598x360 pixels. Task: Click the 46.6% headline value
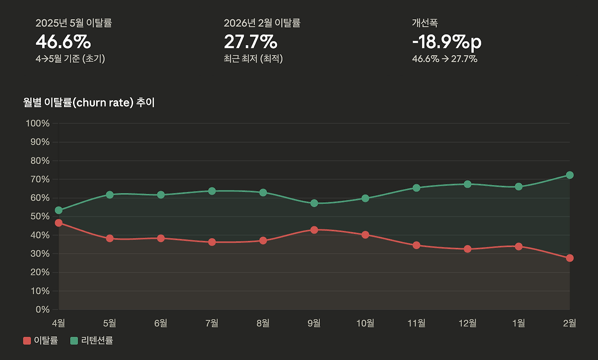63,42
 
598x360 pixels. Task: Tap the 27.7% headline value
250,42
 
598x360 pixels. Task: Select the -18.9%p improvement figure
446,42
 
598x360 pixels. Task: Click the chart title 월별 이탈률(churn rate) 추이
89,103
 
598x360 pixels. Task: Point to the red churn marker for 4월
58,223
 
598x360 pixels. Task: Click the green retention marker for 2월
570,175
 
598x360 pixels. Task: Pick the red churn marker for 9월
314,230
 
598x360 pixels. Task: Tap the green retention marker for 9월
314,203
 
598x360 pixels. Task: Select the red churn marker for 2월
570,258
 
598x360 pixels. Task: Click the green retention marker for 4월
58,210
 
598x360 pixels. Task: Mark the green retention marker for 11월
416,188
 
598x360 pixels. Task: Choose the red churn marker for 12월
467,249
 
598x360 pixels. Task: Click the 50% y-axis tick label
40,217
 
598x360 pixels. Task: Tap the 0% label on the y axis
43,310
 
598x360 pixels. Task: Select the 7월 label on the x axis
212,323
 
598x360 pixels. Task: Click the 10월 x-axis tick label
365,323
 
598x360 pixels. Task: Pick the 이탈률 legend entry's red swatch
27,341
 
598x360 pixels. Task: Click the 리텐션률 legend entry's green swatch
74,341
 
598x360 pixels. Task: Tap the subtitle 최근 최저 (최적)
253,59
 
